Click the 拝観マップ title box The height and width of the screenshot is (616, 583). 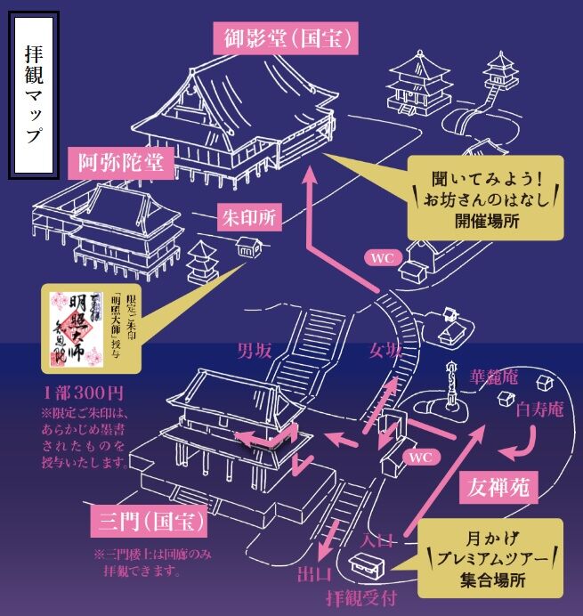[34, 95]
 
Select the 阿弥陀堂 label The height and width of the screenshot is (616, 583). [117, 163]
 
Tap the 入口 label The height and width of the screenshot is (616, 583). [377, 538]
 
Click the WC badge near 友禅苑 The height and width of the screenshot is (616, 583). [418, 457]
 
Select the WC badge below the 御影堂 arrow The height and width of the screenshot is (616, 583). [383, 257]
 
